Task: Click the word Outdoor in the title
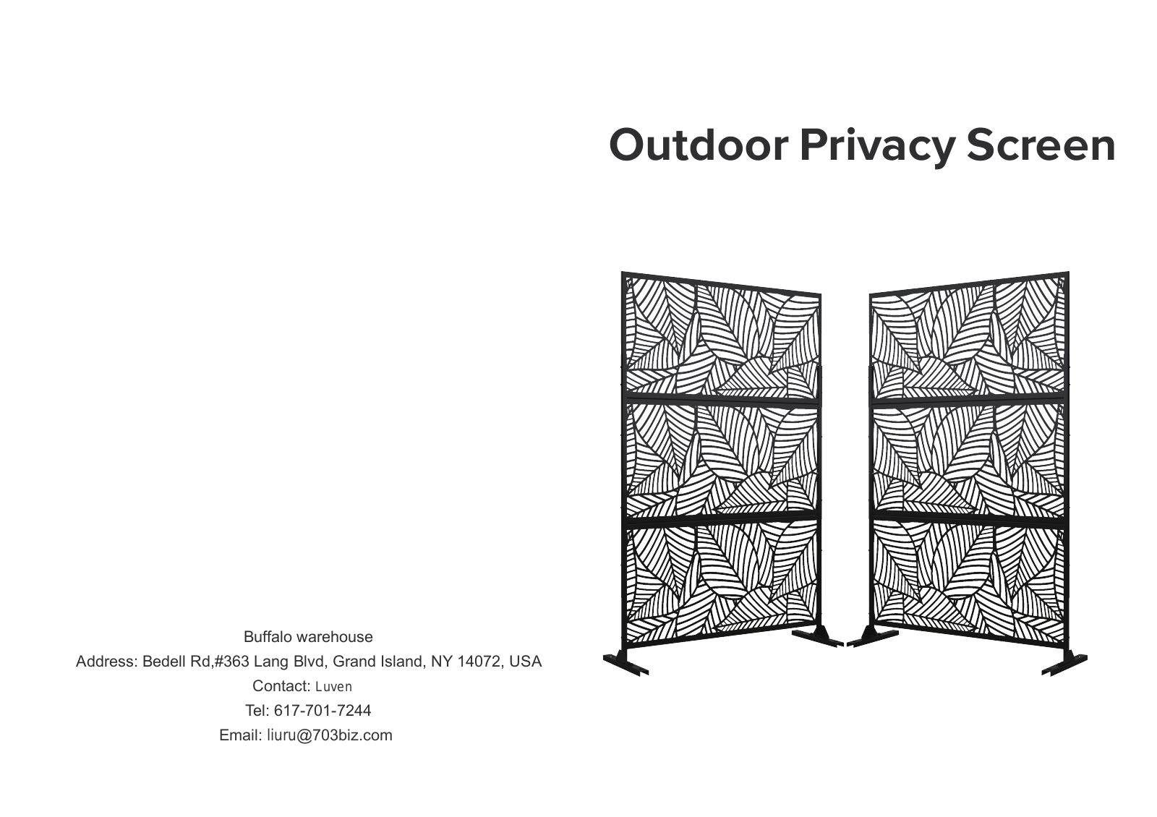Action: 699,145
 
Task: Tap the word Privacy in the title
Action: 878,147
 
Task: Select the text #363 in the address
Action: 231,662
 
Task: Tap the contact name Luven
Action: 333,687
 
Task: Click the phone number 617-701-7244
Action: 323,711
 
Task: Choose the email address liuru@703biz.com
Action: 330,735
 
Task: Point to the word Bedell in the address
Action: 163,662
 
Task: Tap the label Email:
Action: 241,735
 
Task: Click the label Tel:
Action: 257,711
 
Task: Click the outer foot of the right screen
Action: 1064,664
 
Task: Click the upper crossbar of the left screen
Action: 720,401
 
